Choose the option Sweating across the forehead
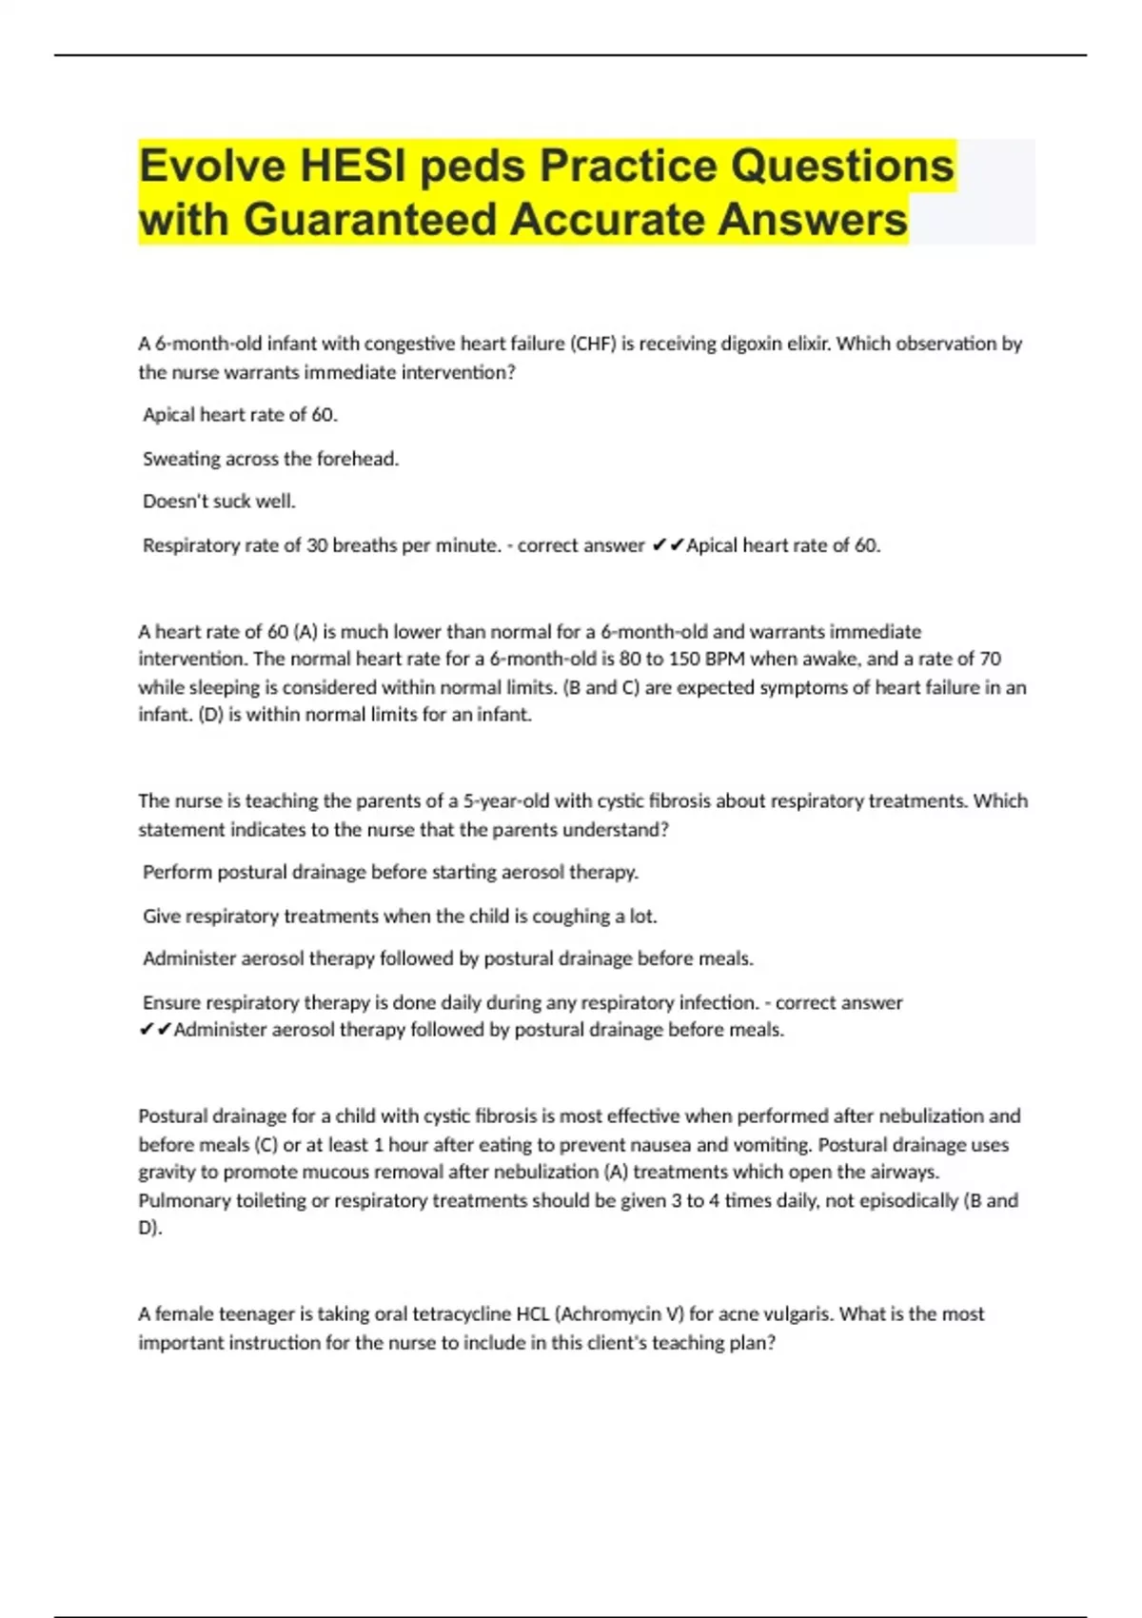(270, 459)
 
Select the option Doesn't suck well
(219, 501)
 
